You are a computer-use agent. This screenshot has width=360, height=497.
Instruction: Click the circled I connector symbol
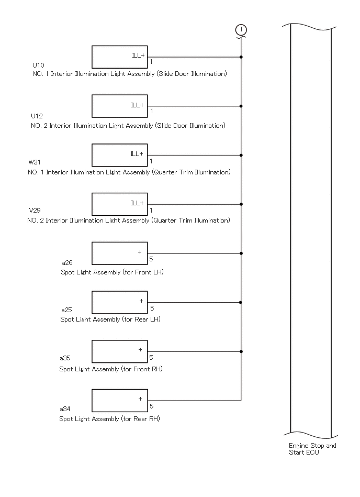[241, 30]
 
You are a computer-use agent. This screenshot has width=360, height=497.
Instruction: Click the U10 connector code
[38, 65]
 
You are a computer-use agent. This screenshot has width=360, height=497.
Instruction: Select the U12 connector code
[37, 116]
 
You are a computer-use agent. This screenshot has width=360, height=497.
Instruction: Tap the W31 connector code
[35, 162]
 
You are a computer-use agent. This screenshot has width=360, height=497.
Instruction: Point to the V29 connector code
[35, 210]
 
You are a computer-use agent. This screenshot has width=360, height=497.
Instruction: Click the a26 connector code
[67, 263]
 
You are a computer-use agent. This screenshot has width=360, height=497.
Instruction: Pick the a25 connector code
[66, 310]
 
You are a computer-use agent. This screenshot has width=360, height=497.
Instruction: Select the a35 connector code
[65, 358]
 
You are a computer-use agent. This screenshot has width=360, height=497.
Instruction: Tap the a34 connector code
[65, 409]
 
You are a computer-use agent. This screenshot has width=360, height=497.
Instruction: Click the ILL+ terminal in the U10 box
[138, 56]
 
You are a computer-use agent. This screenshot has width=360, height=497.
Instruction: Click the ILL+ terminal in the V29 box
[138, 203]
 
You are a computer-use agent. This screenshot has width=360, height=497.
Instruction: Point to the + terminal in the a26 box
[140, 252]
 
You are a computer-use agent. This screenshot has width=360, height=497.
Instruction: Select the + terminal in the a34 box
[140, 399]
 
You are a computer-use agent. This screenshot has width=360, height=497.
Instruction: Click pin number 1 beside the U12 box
[152, 111]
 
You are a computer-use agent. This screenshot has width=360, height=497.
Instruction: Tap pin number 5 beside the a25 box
[152, 308]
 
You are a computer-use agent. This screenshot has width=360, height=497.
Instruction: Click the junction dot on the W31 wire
[241, 156]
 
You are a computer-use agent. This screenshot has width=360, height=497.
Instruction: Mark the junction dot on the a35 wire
[241, 351]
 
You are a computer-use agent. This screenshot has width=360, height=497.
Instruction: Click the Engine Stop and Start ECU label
[312, 449]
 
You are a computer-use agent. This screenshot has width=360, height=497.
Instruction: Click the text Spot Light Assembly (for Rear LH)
[110, 319]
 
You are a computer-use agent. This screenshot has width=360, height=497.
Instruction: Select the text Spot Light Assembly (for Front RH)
[111, 369]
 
